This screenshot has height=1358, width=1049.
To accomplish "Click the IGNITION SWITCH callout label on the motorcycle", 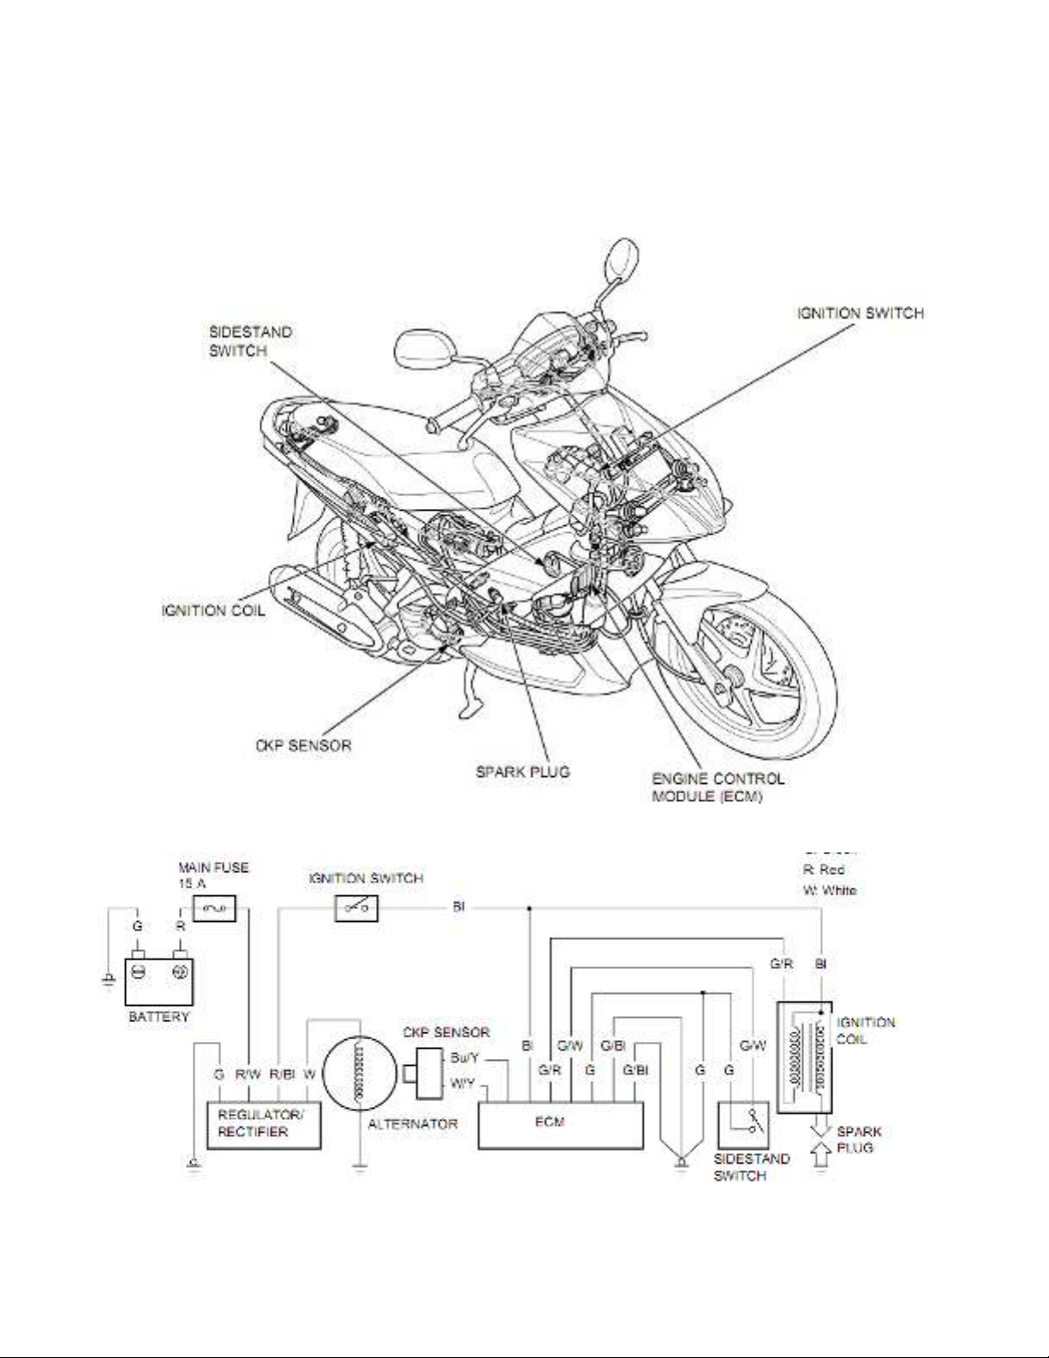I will pyautogui.click(x=857, y=314).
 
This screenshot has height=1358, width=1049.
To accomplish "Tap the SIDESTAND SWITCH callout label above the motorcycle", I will pyautogui.click(x=251, y=341).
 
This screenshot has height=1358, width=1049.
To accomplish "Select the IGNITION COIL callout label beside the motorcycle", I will pyautogui.click(x=213, y=612).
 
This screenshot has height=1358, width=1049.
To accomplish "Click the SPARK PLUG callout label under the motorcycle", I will pyautogui.click(x=522, y=771).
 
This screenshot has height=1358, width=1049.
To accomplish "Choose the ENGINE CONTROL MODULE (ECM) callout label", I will pyautogui.click(x=718, y=787).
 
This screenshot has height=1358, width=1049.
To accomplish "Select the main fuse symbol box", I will pyautogui.click(x=213, y=909).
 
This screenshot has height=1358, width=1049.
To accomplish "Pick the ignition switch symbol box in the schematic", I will pyautogui.click(x=355, y=909).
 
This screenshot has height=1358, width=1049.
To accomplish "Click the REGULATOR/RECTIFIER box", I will pyautogui.click(x=264, y=1125).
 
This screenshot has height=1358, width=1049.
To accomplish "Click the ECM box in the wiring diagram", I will pyautogui.click(x=560, y=1124).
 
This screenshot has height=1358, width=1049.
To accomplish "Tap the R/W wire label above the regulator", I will pyautogui.click(x=248, y=1074).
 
